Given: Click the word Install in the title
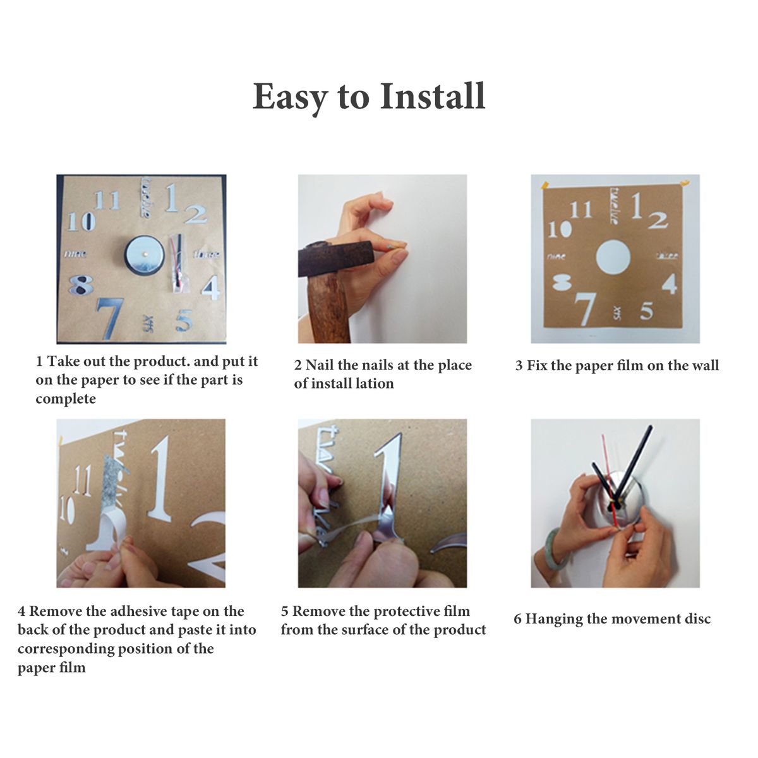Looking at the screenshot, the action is (433, 97).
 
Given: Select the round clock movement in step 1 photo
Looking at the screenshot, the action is (145, 255).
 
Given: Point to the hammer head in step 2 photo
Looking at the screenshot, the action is (335, 257).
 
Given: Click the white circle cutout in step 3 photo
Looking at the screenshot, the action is (613, 258).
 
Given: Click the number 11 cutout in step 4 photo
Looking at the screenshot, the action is (83, 480).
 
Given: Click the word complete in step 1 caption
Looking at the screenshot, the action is (66, 399).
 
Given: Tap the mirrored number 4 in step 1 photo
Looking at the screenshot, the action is (211, 287).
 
